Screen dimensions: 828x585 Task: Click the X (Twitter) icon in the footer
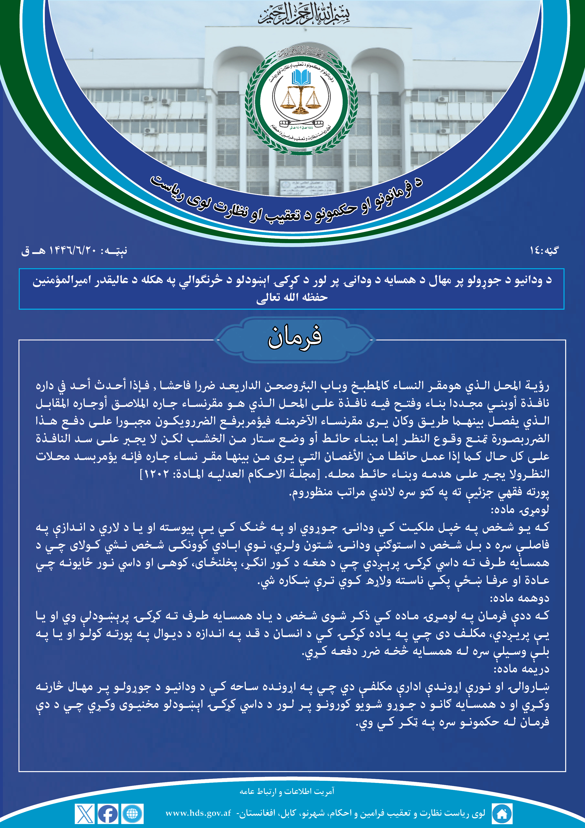[85, 814]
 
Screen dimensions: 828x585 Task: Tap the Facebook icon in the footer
[108, 814]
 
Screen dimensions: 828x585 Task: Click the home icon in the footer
[502, 814]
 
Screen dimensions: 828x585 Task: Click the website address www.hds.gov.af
[198, 813]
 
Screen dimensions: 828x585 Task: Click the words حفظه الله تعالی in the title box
[292, 297]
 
